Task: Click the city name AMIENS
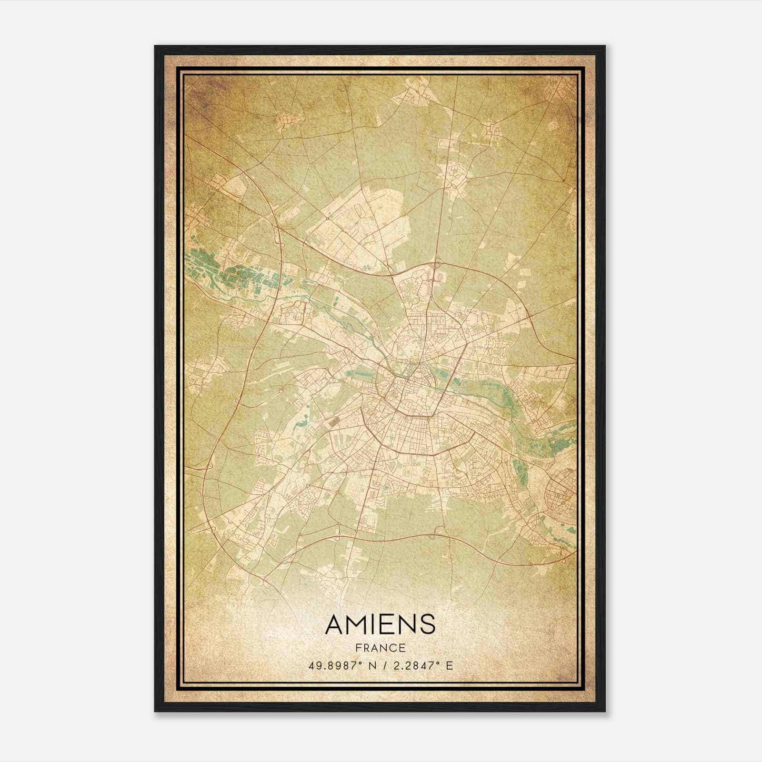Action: [380, 624]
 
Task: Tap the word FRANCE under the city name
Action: [380, 648]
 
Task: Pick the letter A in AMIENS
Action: [333, 624]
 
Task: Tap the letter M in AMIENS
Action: [355, 624]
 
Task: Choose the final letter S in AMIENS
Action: [428, 624]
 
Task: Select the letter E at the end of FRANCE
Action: [402, 648]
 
